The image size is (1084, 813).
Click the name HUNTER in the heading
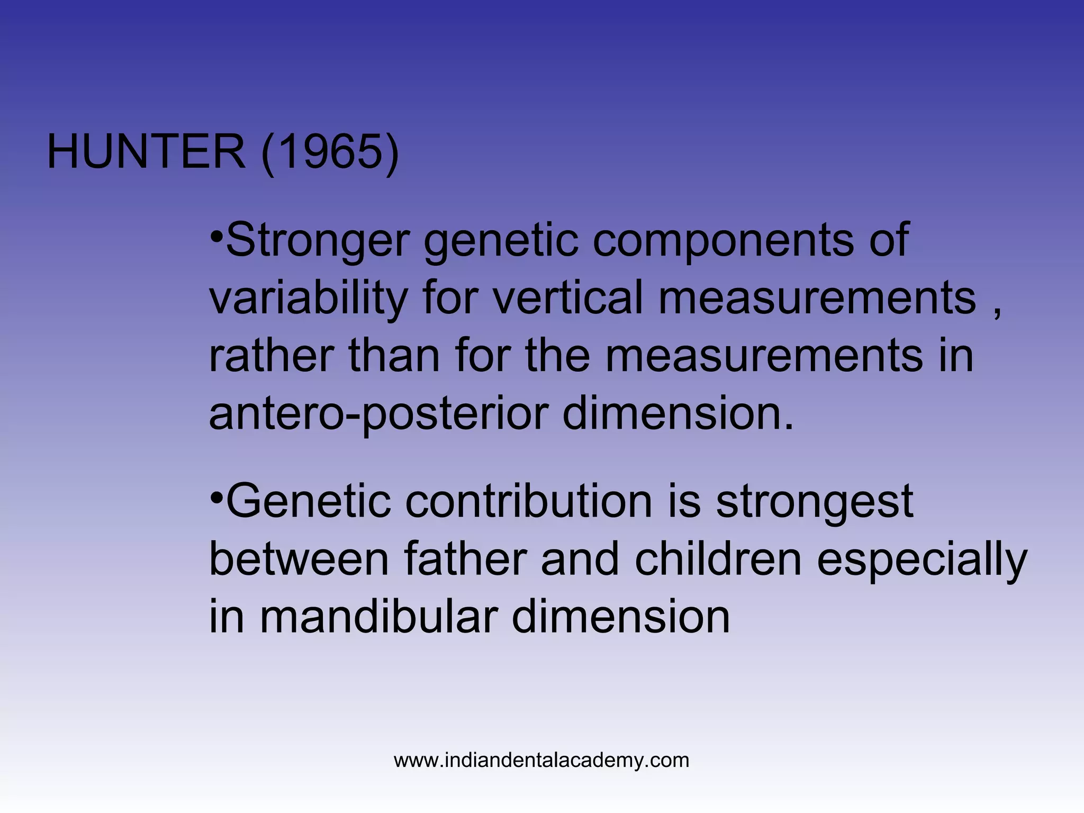click(x=146, y=152)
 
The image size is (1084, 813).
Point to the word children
click(x=718, y=559)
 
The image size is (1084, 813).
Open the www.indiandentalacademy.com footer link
click(x=541, y=761)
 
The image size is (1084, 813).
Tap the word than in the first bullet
click(x=394, y=356)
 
